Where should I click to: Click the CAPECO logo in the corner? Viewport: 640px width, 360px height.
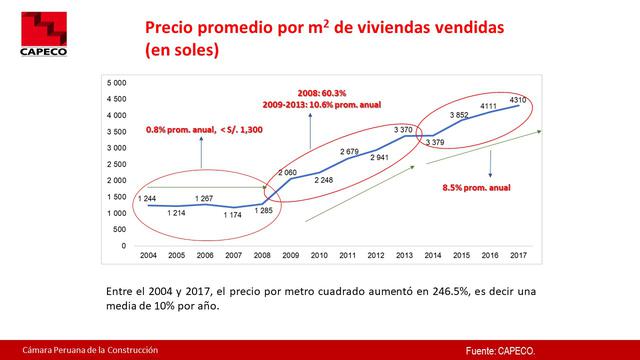tap(34, 31)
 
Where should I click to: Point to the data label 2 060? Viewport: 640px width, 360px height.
tap(290, 171)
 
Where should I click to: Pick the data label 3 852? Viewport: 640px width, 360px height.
tap(459, 116)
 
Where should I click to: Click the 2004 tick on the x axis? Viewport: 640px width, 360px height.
tap(147, 256)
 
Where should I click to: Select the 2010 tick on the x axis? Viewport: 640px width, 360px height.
tap(319, 256)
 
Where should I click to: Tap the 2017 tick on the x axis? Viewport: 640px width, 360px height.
tap(518, 256)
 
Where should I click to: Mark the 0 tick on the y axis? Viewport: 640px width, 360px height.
tap(123, 245)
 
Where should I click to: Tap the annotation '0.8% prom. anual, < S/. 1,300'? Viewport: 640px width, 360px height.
tap(205, 130)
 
